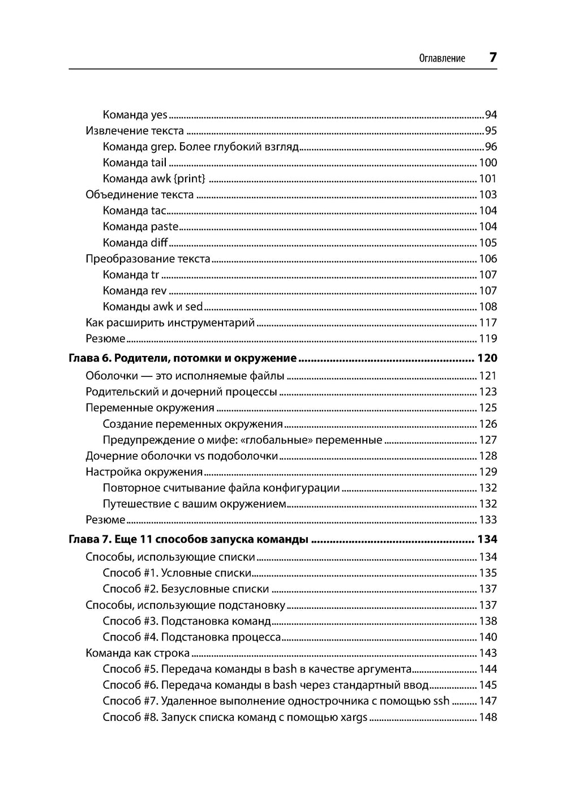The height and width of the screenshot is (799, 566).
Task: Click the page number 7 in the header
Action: [x=492, y=57]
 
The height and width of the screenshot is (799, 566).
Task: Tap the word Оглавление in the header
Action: [x=442, y=58]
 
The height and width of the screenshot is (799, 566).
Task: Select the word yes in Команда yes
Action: [x=159, y=115]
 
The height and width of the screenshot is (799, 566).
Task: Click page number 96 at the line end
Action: [x=491, y=147]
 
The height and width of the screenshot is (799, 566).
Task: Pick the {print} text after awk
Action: [x=190, y=179]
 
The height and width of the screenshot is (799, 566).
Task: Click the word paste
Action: [x=165, y=226]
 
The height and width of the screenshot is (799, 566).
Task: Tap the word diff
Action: [x=159, y=243]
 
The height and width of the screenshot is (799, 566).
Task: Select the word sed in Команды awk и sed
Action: [x=194, y=307]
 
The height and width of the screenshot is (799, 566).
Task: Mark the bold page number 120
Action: [x=487, y=358]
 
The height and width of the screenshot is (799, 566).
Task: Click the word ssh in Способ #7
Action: [x=441, y=701]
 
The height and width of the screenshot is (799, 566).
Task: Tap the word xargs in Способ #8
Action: [x=353, y=718]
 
